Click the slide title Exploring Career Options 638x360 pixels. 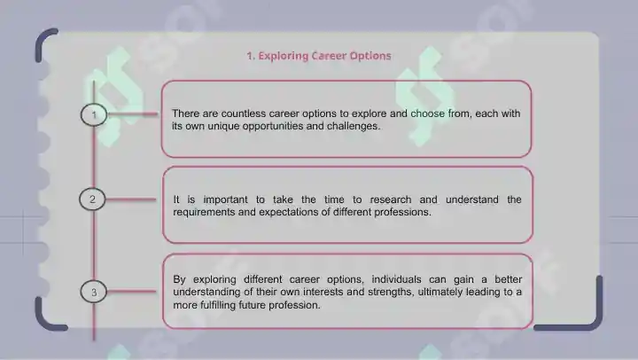pos(319,56)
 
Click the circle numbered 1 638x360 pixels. pos(94,115)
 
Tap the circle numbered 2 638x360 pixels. pos(92,200)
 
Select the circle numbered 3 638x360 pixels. pos(94,292)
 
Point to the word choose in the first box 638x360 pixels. pos(427,113)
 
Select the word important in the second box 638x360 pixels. pos(225,200)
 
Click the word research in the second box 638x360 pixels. pos(390,200)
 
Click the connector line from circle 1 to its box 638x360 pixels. pos(133,114)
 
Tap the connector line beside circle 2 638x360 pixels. pos(131,200)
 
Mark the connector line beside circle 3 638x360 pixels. pos(132,291)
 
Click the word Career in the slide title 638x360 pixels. pos(329,56)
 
